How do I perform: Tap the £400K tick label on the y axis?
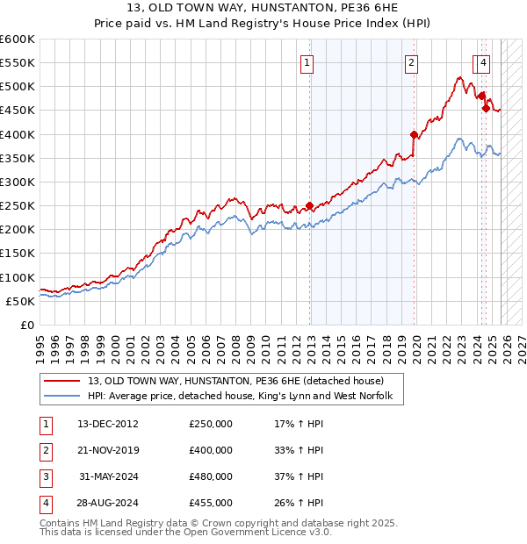point(18,134)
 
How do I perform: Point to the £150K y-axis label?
point(18,254)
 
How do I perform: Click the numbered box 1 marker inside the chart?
point(307,62)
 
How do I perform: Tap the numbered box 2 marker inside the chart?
point(411,62)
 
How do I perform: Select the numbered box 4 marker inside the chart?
point(484,62)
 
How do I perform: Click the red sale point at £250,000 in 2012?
point(309,206)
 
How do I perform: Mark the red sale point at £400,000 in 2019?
point(414,134)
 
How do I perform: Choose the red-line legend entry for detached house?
point(235,382)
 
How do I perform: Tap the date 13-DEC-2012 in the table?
point(108,424)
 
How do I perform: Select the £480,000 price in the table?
point(211,476)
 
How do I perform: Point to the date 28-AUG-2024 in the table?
point(108,503)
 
